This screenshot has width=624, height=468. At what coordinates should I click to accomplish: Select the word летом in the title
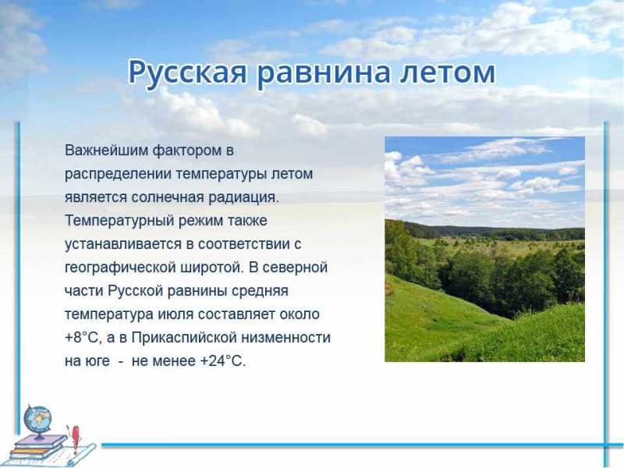pos(448,72)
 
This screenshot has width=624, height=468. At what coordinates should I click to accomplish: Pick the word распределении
pos(118,175)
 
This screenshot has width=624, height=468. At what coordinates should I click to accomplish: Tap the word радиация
pos(244,198)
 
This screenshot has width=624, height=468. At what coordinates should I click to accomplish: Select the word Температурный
pos(119,221)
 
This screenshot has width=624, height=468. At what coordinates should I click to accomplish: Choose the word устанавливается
pos(123,244)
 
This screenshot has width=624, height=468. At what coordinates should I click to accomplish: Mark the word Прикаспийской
pos(184,338)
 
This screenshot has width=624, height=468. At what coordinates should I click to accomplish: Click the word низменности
pos(286,338)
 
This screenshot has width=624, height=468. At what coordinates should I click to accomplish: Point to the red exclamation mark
pos(75,438)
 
